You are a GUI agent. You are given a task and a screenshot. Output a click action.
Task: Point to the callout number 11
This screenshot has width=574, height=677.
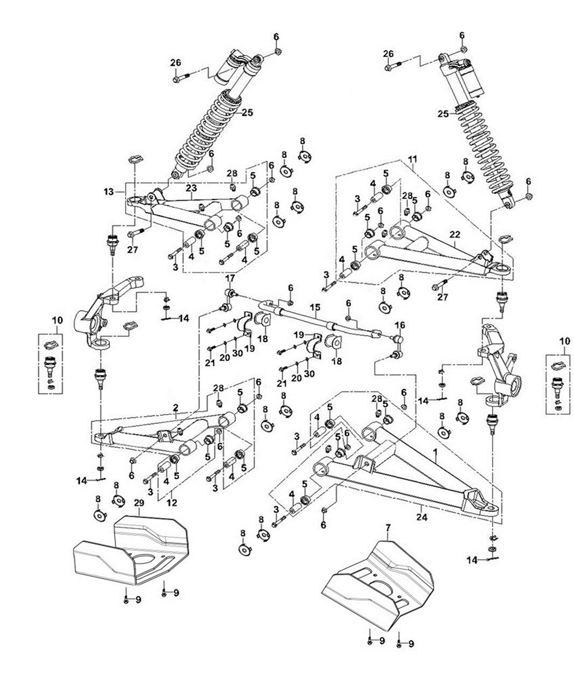click(x=412, y=159)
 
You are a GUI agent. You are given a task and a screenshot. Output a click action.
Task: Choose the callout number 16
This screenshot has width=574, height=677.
click(x=400, y=325)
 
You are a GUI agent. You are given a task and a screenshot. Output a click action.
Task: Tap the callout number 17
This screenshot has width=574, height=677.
click(x=230, y=278)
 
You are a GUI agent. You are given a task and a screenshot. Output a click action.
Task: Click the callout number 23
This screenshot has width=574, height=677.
click(x=191, y=187)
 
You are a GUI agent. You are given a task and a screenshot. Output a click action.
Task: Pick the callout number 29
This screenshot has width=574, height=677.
click(x=139, y=502)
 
